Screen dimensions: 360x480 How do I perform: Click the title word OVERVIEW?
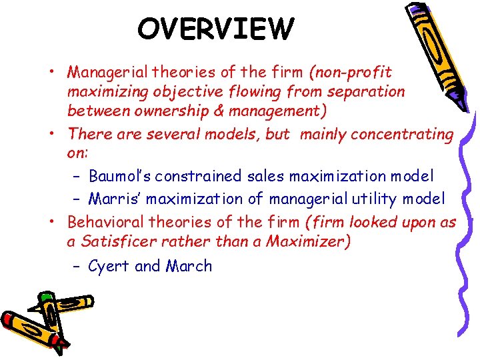click(x=215, y=29)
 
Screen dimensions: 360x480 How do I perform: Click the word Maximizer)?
click(x=307, y=241)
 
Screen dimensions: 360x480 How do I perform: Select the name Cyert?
click(x=109, y=267)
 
